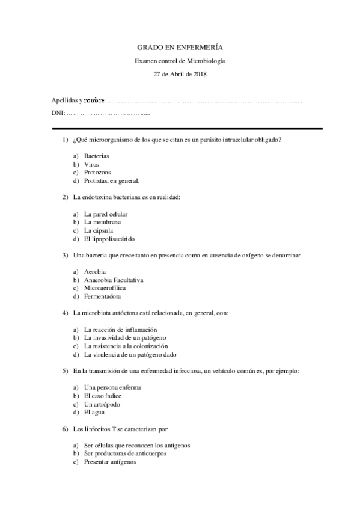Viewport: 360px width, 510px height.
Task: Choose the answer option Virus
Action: (92, 164)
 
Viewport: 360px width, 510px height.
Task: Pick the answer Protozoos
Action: (97, 172)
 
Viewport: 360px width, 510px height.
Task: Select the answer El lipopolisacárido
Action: (109, 238)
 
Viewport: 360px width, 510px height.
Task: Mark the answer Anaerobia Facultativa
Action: (114, 280)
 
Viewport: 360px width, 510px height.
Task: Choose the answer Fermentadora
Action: (102, 296)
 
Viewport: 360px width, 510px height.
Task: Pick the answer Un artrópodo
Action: (102, 404)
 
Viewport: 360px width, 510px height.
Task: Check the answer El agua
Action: (94, 413)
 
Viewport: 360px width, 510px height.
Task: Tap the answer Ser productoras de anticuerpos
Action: (125, 453)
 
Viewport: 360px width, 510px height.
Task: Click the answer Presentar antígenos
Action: (110, 462)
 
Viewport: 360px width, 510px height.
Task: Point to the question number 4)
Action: (65, 313)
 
